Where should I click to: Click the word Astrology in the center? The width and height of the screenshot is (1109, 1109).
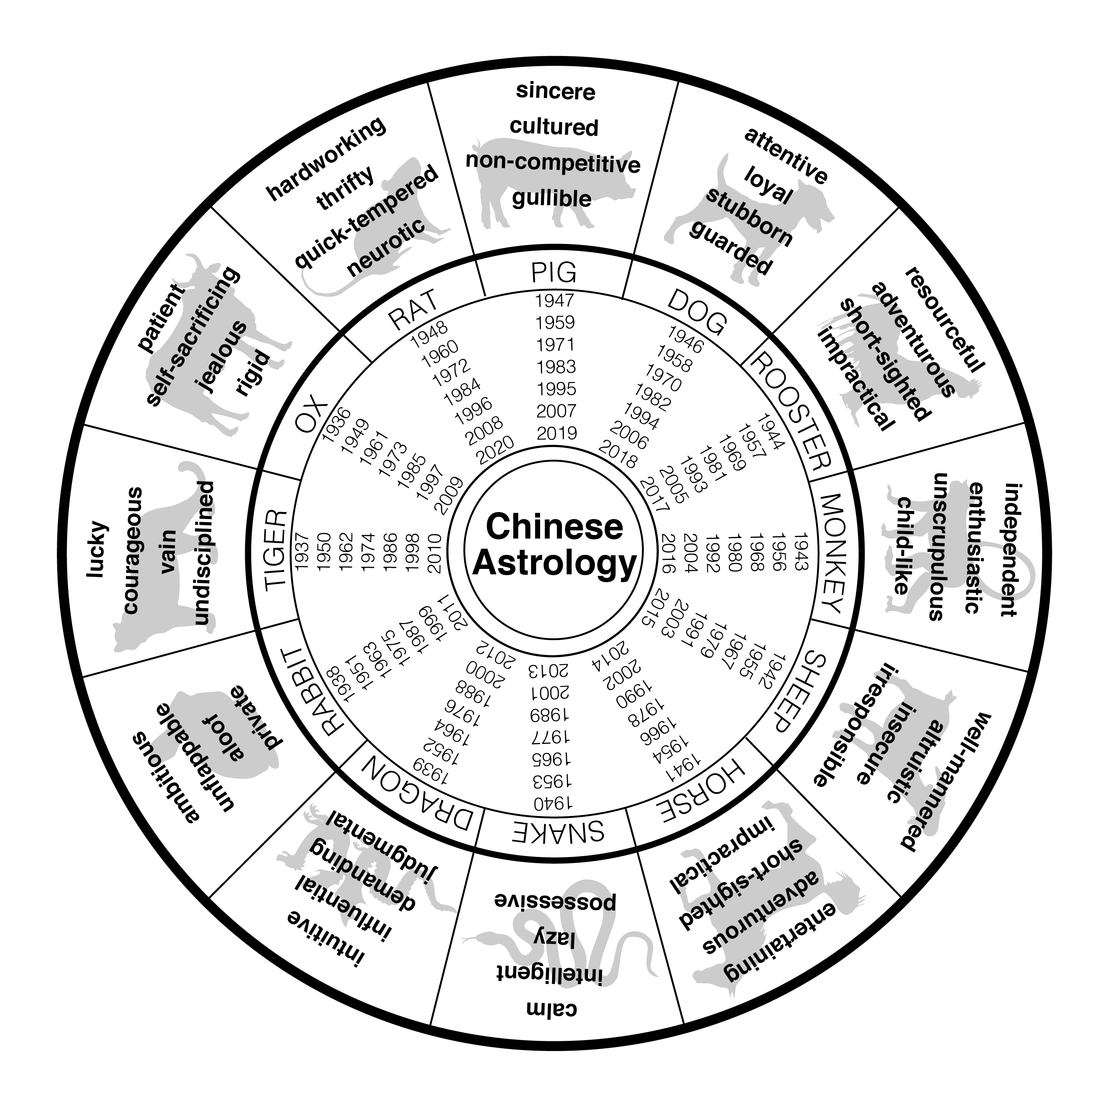554,563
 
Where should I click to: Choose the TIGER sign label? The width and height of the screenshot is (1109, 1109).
275,549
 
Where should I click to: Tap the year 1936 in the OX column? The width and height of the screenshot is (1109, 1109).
336,425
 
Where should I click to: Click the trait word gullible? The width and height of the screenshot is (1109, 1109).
552,198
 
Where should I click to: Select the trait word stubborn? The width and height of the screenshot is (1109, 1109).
749,217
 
